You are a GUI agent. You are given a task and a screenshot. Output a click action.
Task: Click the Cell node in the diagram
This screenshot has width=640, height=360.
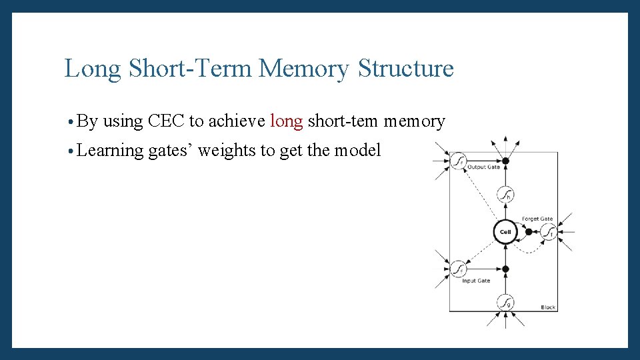[505, 232]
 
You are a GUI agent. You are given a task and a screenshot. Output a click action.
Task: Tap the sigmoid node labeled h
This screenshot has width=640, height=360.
[505, 195]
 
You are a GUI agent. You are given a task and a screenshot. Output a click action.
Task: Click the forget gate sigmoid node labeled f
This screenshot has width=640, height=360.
[549, 233]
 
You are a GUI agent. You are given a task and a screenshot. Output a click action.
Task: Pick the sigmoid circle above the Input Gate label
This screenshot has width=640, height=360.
[459, 269]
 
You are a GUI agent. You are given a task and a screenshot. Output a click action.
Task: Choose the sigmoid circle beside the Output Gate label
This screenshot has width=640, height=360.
[458, 161]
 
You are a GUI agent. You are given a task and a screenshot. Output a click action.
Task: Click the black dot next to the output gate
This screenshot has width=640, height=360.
[505, 161]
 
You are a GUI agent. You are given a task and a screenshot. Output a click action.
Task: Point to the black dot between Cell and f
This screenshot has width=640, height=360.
[529, 232]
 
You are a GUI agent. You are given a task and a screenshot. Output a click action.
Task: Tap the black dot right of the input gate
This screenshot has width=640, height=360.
[505, 269]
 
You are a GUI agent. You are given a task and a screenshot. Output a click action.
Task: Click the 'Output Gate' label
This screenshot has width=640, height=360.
[483, 167]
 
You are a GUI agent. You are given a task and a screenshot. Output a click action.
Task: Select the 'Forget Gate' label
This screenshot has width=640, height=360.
[537, 219]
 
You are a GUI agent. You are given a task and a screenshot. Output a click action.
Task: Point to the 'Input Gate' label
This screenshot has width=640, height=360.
[476, 281]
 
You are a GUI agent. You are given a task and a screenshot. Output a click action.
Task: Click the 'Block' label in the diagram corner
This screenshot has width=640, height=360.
[548, 307]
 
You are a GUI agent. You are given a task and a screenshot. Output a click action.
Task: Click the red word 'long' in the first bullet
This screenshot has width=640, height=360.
[287, 121]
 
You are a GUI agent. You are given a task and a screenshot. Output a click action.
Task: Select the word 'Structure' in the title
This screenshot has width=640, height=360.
[405, 68]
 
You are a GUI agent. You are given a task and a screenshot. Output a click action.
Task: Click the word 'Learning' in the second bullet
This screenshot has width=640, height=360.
[111, 151]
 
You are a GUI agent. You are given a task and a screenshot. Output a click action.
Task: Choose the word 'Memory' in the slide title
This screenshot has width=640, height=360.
[304, 68]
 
